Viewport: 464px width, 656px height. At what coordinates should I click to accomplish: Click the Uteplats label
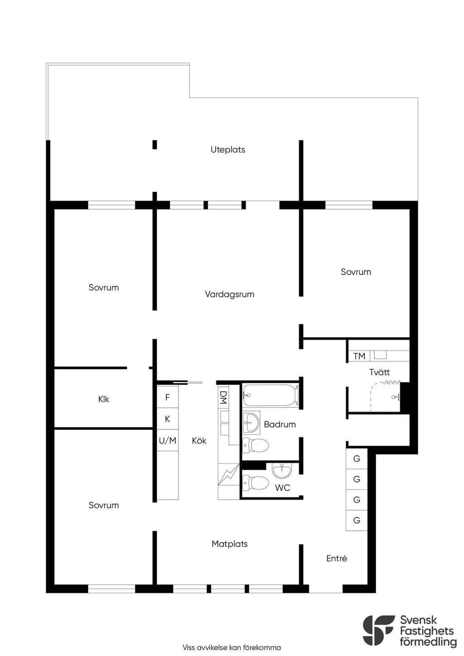pyautogui.click(x=227, y=150)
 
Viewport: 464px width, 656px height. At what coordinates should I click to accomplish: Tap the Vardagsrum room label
pyautogui.click(x=229, y=294)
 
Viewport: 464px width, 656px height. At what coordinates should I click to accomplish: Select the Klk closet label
pyautogui.click(x=103, y=399)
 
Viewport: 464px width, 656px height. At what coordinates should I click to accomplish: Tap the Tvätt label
pyautogui.click(x=379, y=372)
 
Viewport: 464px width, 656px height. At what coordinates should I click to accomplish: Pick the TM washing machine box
pyautogui.click(x=359, y=356)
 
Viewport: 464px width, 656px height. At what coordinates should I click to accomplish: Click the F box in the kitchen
pyautogui.click(x=168, y=397)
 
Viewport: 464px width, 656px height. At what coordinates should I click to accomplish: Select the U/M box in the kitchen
pyautogui.click(x=168, y=440)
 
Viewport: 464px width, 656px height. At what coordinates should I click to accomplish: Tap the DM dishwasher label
pyautogui.click(x=223, y=397)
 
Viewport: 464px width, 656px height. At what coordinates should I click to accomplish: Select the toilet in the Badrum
pyautogui.click(x=256, y=446)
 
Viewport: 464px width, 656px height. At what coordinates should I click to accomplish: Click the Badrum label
pyautogui.click(x=280, y=424)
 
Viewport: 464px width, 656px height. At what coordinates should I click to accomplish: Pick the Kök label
pyautogui.click(x=199, y=440)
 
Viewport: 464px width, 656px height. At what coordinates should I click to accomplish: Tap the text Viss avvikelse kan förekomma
pyautogui.click(x=232, y=647)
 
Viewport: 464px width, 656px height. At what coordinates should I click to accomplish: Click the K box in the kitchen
pyautogui.click(x=168, y=419)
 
